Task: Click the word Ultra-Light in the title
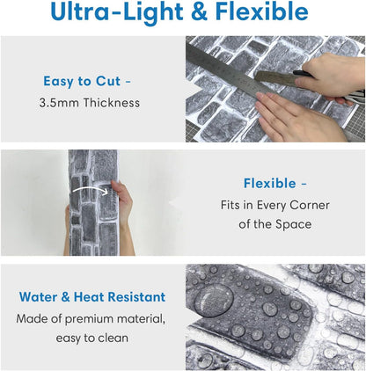[117, 11]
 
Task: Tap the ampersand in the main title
[199, 11]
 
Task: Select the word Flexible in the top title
[261, 11]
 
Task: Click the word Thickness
[112, 103]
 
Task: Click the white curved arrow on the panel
[91, 190]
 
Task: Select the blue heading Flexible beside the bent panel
[270, 184]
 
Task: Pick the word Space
[293, 225]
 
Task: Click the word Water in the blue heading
[39, 297]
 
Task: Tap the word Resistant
[136, 297]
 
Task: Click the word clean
[113, 338]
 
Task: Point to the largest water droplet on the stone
[214, 301]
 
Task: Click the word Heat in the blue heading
[89, 297]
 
